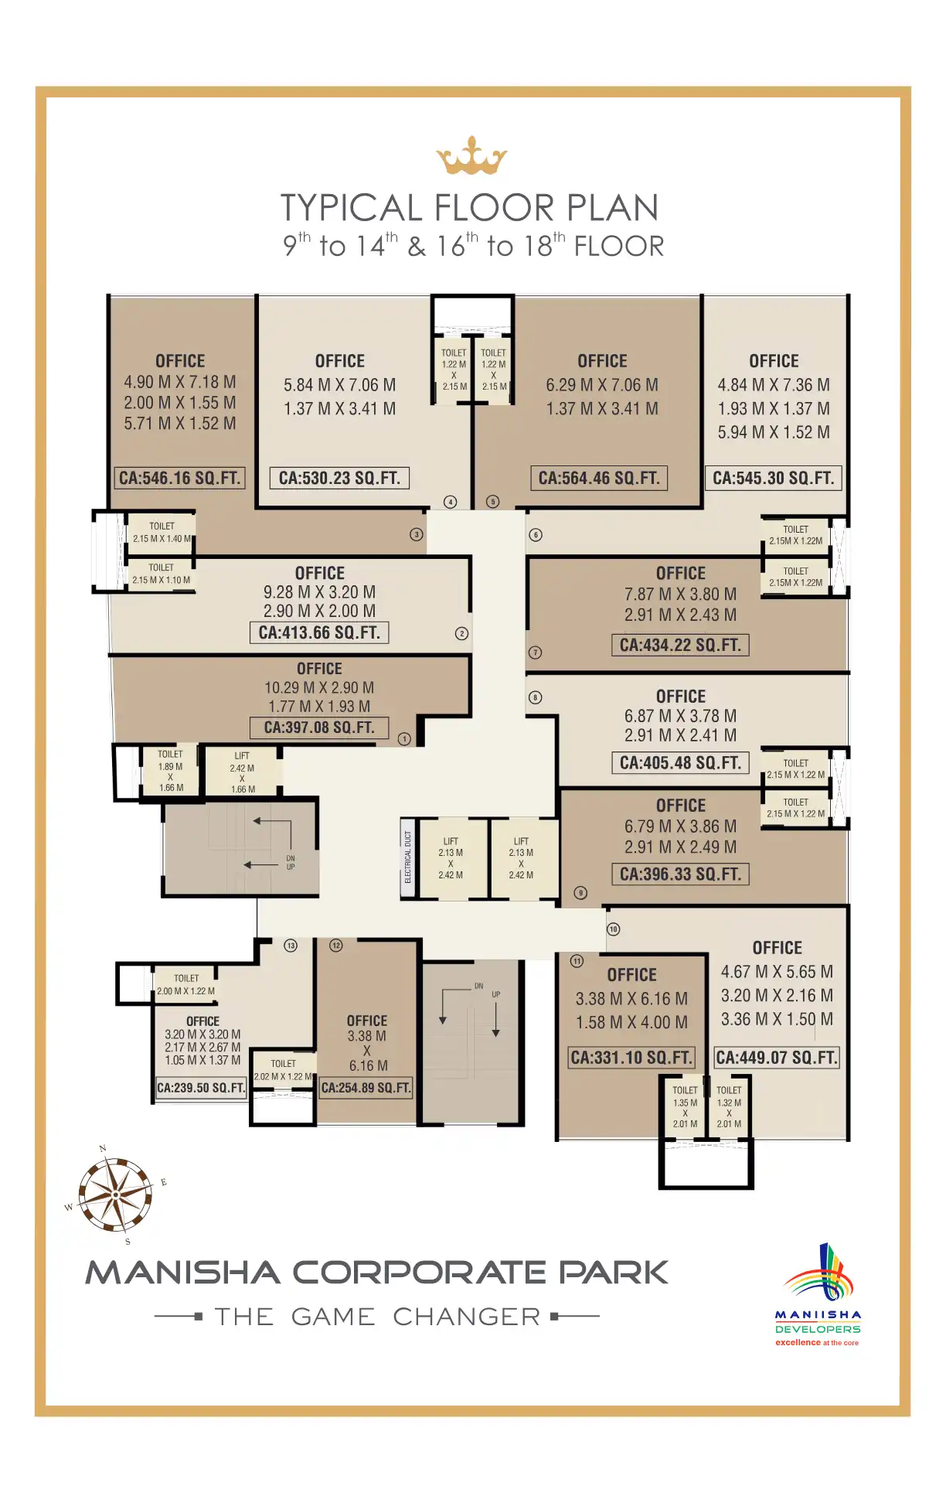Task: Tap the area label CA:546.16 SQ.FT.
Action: [x=180, y=478]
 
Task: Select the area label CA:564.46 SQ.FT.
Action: [x=599, y=478]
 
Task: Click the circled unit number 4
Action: [x=451, y=502]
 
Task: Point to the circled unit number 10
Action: [x=614, y=929]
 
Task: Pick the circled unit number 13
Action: [x=291, y=946]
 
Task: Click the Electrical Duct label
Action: [x=408, y=857]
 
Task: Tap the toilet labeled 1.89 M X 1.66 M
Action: [x=171, y=771]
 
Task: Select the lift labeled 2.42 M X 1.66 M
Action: [x=242, y=772]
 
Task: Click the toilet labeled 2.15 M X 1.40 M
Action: [x=162, y=533]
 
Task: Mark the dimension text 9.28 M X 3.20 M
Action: [x=319, y=592]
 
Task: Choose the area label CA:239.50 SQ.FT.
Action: [x=201, y=1088]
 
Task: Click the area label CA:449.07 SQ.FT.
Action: [x=777, y=1057]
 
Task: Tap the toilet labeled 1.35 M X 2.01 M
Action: [x=685, y=1107]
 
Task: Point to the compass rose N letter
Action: [x=103, y=1149]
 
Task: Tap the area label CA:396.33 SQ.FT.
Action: [x=681, y=874]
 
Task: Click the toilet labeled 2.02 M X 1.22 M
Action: [x=284, y=1070]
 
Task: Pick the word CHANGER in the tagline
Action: [x=467, y=1317]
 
